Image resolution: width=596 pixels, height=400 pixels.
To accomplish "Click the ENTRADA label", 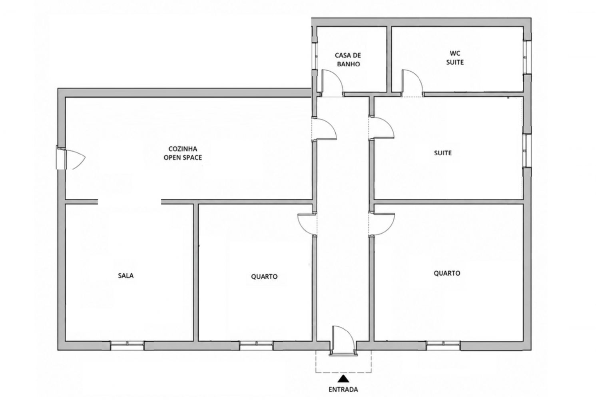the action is (x=343, y=389).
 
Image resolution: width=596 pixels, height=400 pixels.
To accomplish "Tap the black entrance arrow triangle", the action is (x=343, y=378).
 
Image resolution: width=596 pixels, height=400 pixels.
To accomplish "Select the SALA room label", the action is (x=126, y=276).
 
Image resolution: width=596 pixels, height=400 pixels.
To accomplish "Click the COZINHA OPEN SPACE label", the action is (x=183, y=153).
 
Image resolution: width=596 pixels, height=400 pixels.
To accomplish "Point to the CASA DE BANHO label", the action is (x=348, y=60).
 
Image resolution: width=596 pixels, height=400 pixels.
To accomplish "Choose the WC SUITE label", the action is (x=455, y=58).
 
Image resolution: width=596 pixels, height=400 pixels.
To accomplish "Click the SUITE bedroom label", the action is (x=443, y=153).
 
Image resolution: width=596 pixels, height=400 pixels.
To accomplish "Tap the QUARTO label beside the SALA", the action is (x=264, y=276).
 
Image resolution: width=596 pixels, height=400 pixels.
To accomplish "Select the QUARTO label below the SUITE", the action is (x=447, y=273).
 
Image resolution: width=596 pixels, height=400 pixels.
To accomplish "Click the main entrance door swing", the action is (x=343, y=340).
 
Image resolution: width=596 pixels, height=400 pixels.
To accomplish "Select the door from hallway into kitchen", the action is (x=324, y=129).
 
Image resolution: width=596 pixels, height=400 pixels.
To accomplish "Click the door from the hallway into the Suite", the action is (x=381, y=129).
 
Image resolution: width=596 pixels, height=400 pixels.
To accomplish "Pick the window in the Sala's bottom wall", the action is (x=127, y=346).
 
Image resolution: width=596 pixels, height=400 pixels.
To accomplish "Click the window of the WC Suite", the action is (x=527, y=57).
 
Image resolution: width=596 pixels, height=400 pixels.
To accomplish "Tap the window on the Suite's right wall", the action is (x=527, y=151).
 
